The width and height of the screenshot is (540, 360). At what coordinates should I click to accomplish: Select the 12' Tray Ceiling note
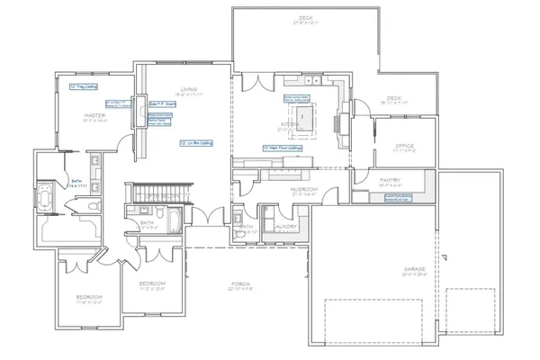[83, 87]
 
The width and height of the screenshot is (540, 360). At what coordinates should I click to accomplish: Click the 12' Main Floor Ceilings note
[282, 147]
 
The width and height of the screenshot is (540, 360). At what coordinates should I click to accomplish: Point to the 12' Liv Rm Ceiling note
[195, 142]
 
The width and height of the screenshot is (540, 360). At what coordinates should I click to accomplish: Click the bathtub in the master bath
[45, 199]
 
